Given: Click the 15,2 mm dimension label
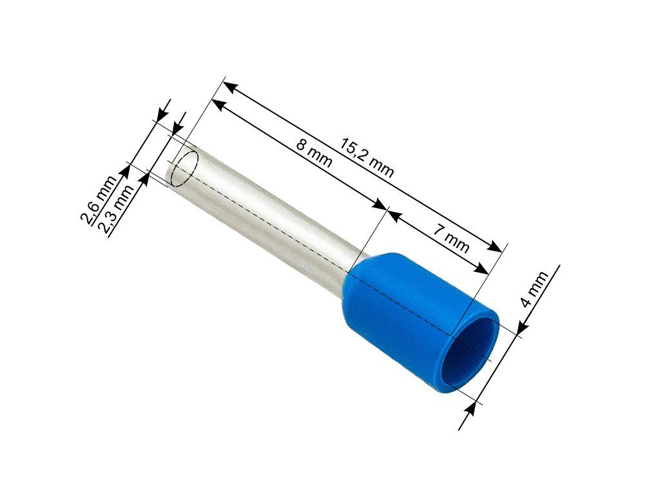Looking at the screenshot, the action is click(367, 157).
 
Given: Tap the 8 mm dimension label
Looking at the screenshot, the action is click(314, 153).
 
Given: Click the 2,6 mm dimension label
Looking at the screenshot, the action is click(99, 200).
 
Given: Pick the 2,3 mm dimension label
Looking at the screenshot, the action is click(116, 208).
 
